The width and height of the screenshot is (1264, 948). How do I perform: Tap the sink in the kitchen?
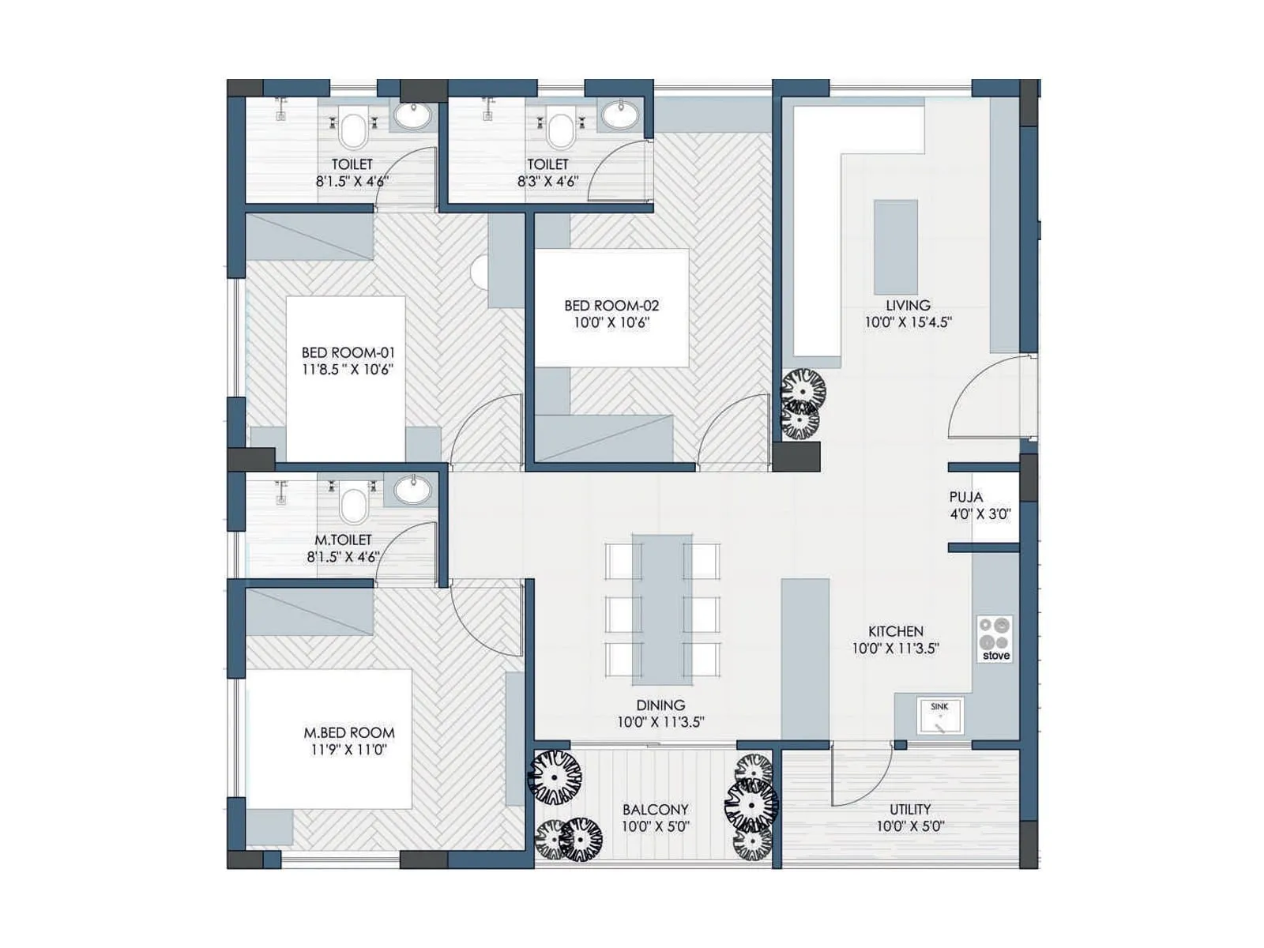point(940,716)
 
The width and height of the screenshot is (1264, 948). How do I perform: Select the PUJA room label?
point(965,497)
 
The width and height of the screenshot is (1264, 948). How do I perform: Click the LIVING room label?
point(908,305)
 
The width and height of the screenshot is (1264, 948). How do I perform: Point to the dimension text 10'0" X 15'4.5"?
point(908,322)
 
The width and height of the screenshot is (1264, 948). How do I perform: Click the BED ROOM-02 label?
point(611,306)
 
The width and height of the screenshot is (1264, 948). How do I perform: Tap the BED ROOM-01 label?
point(348,352)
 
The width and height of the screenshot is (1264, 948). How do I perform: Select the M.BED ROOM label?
point(348,732)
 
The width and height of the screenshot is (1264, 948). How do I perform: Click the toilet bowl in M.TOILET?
point(353,506)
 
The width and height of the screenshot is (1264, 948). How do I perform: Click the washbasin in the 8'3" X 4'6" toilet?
point(619,115)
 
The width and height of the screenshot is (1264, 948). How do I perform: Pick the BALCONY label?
point(655,809)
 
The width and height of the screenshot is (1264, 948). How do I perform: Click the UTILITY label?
point(910,809)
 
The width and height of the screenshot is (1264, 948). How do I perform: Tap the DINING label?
point(660,705)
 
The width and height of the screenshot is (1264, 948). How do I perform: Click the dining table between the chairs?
point(662,608)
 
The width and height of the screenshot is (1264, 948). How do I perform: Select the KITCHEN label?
point(895,631)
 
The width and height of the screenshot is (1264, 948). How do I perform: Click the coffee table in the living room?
point(895,246)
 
